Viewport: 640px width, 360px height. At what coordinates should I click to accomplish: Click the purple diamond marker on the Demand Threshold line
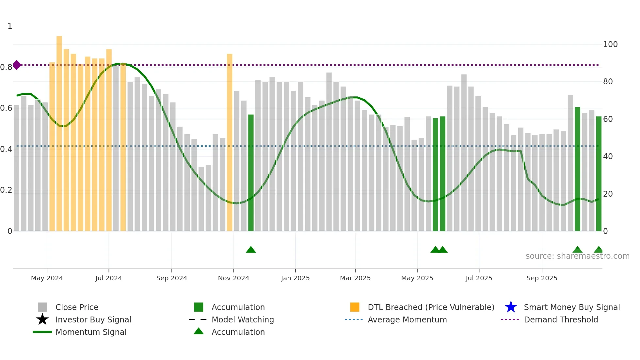point(17,65)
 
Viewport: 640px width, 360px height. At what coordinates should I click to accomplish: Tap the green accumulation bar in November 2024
point(251,173)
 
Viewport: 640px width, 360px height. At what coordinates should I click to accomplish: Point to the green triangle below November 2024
point(251,250)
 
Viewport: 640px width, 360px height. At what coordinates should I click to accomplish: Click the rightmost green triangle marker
point(599,250)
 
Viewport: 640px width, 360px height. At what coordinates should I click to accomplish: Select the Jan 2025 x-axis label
point(295,278)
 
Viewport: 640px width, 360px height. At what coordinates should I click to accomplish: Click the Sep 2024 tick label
point(172,278)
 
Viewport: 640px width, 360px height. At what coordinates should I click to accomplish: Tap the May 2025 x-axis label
point(417,278)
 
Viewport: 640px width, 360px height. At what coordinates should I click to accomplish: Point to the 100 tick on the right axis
point(610,44)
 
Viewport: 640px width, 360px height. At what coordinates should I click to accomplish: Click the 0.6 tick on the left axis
point(7,108)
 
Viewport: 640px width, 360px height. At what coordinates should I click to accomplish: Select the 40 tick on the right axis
point(608,156)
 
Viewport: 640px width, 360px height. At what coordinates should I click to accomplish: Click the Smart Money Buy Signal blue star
point(511,307)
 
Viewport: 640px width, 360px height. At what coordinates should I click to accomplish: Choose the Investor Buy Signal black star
point(42,319)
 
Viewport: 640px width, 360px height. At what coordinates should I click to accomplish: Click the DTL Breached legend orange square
point(355,307)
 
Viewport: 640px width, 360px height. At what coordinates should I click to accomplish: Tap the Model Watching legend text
point(243,319)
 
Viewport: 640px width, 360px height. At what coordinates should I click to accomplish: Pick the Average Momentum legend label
point(407,319)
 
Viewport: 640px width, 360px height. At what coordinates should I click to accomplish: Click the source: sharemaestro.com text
point(577,256)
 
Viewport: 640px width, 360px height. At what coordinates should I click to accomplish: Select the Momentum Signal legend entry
point(91,332)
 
